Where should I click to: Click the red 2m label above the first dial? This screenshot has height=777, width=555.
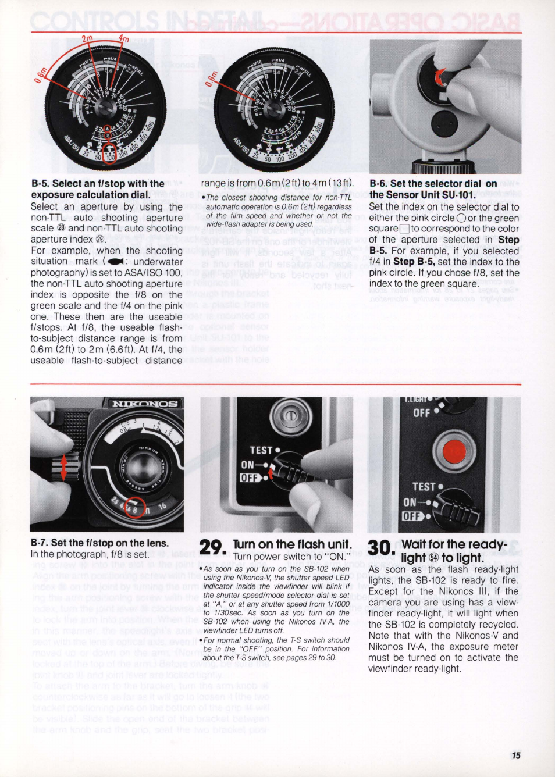(x=87, y=39)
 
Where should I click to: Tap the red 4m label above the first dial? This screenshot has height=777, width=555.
(x=123, y=40)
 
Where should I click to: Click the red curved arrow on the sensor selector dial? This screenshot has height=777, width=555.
(x=440, y=77)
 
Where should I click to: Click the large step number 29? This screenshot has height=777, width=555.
(x=212, y=548)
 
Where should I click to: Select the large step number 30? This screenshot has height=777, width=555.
(x=381, y=548)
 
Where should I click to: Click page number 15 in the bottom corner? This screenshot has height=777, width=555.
(x=515, y=755)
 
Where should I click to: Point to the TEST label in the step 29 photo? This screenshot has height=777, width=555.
(x=261, y=450)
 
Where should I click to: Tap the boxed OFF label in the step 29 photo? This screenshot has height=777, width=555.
(x=250, y=478)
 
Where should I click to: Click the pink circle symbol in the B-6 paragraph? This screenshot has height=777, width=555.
(x=461, y=218)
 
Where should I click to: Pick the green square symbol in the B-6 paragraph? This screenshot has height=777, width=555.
(x=404, y=229)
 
